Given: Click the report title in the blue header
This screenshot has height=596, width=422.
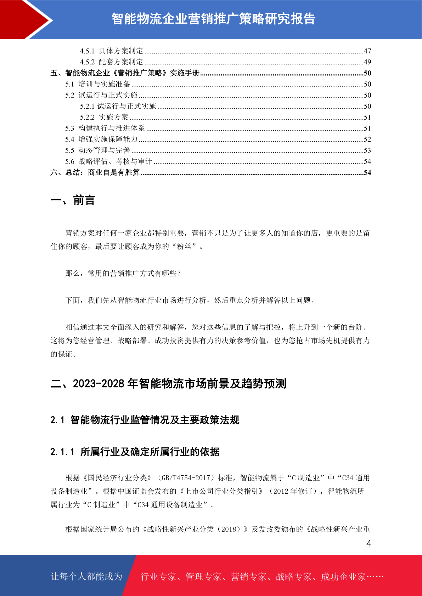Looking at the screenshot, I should pyautogui.click(x=213, y=19).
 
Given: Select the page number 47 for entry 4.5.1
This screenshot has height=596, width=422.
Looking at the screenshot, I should pyautogui.click(x=367, y=51).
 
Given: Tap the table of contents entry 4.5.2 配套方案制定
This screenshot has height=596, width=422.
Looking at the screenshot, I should pyautogui.click(x=111, y=62).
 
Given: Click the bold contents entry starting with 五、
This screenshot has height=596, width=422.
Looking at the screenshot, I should pyautogui.click(x=125, y=73).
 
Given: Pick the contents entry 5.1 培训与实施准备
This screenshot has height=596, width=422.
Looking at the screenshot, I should pyautogui.click(x=97, y=84).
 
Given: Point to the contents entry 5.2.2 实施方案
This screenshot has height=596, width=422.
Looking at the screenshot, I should pyautogui.click(x=104, y=117).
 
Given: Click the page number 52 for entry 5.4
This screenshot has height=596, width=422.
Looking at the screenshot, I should pyautogui.click(x=367, y=139).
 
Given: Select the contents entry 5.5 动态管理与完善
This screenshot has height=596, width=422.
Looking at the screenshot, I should pyautogui.click(x=97, y=150).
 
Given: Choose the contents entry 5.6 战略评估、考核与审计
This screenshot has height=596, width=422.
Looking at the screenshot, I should pyautogui.click(x=108, y=161).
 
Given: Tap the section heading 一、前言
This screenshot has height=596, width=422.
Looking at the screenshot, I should pyautogui.click(x=73, y=200).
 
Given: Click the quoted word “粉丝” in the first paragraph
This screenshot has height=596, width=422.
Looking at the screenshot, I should pyautogui.click(x=186, y=247).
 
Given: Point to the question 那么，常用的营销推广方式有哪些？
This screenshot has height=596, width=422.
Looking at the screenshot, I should pyautogui.click(x=123, y=274).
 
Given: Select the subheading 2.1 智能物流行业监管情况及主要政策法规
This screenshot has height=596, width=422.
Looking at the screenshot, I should pyautogui.click(x=145, y=420).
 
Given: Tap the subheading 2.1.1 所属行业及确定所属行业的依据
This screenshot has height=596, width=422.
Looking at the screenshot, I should pyautogui.click(x=135, y=452).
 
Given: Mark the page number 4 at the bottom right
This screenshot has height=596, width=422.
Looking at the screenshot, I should pyautogui.click(x=368, y=544).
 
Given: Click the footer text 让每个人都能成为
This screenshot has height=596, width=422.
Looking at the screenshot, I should pyautogui.click(x=86, y=577).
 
